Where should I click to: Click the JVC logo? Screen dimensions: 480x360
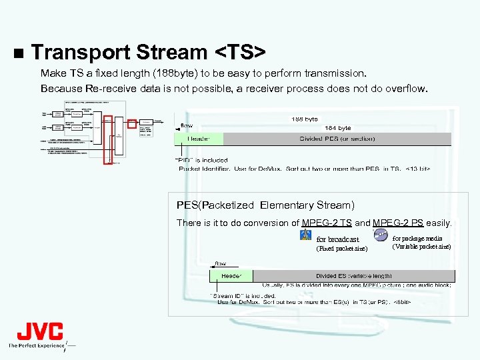pyautogui.click(x=40, y=331)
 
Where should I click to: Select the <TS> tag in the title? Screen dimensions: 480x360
pyautogui.click(x=241, y=52)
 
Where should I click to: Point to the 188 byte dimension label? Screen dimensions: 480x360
pyautogui.click(x=305, y=119)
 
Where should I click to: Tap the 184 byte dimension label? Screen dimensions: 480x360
pyautogui.click(x=337, y=127)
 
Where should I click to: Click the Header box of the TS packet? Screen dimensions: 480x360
pyautogui.click(x=198, y=139)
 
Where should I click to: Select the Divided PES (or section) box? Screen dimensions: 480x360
pyautogui.click(x=337, y=139)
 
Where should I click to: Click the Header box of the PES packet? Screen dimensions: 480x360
pyautogui.click(x=231, y=275)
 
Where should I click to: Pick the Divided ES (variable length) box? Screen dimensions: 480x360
pyautogui.click(x=353, y=275)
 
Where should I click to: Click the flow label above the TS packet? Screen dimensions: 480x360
pyautogui.click(x=187, y=125)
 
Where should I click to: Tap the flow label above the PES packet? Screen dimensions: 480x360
pyautogui.click(x=220, y=263)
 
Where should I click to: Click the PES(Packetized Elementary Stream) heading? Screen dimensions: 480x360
pyautogui.click(x=265, y=205)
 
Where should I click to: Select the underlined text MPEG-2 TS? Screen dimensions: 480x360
pyautogui.click(x=327, y=223)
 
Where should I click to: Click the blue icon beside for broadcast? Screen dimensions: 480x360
pyautogui.click(x=306, y=235)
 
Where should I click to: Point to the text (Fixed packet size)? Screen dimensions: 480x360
pyautogui.click(x=341, y=249)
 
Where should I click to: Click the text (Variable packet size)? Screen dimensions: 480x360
pyautogui.click(x=421, y=247)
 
